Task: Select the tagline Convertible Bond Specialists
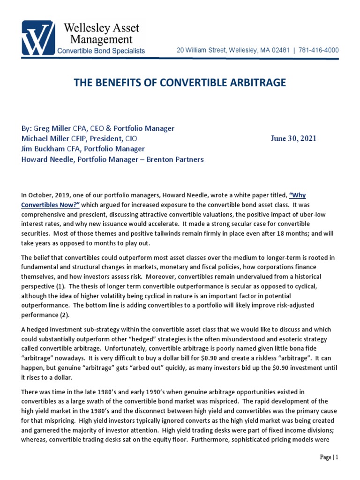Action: click(x=101, y=51)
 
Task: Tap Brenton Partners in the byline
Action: click(x=180, y=159)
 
